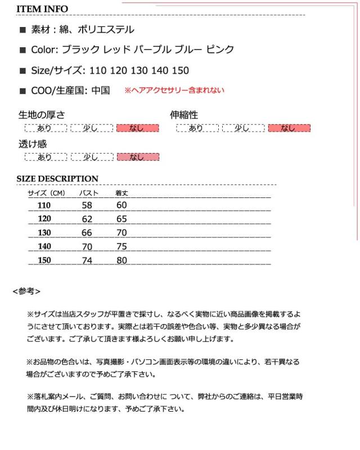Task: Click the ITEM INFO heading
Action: click(42, 9)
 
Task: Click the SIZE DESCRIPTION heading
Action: click(57, 179)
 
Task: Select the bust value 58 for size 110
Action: click(87, 205)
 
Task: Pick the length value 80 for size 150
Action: click(121, 260)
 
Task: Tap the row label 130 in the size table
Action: click(44, 233)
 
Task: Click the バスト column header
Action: click(88, 193)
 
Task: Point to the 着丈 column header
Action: click(121, 193)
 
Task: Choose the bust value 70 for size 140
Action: click(87, 246)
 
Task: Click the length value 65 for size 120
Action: click(121, 219)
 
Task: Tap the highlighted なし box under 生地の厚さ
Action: click(137, 128)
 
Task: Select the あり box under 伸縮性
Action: click(196, 128)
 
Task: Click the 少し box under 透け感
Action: click(91, 157)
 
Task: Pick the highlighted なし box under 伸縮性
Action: click(289, 128)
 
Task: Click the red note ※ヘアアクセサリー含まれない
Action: click(174, 90)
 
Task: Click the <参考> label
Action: click(26, 291)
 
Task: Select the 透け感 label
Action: click(33, 144)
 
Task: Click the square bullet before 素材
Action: click(22, 30)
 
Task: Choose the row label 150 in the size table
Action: click(44, 260)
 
